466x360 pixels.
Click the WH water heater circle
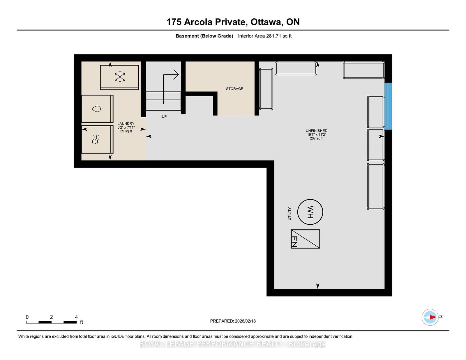pyautogui.click(x=310, y=212)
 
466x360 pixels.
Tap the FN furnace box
pyautogui.click(x=306, y=239)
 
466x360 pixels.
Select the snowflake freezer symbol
pyautogui.click(x=120, y=77)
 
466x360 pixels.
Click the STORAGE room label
pyautogui.click(x=234, y=89)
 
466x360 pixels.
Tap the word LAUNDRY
pyautogui.click(x=126, y=124)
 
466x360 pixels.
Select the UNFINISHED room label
pyautogui.click(x=316, y=131)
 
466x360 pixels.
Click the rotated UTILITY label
pyautogui.click(x=290, y=214)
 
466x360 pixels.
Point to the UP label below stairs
pyautogui.click(x=164, y=116)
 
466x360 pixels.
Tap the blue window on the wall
pyautogui.click(x=388, y=106)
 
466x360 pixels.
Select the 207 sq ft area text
pyautogui.click(x=317, y=139)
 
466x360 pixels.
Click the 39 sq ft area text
pyautogui.click(x=126, y=131)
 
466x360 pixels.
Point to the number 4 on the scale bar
pyautogui.click(x=76, y=317)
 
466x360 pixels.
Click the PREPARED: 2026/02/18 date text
pyautogui.click(x=233, y=321)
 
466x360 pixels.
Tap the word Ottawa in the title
pyautogui.click(x=266, y=22)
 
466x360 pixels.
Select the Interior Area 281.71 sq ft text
pyautogui.click(x=264, y=36)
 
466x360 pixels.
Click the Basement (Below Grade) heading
pyautogui.click(x=204, y=36)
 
